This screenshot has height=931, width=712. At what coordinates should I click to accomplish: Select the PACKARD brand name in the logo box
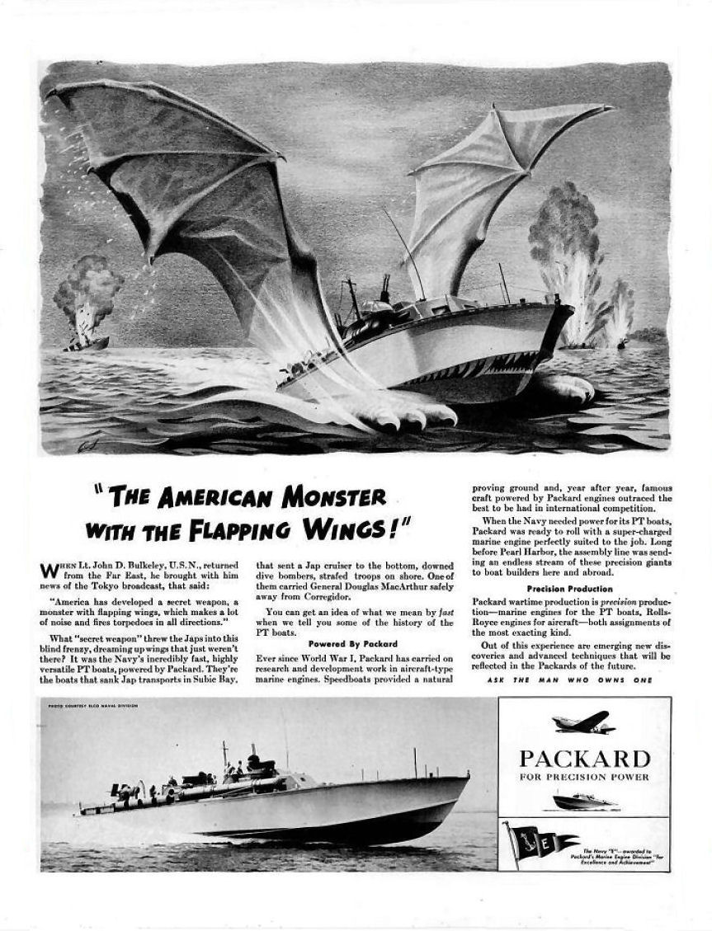tap(584, 758)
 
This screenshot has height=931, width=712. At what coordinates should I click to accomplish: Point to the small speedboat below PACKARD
tap(584, 800)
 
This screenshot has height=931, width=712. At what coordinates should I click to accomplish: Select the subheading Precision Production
tap(570, 589)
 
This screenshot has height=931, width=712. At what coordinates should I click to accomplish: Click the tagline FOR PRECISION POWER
tap(584, 777)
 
